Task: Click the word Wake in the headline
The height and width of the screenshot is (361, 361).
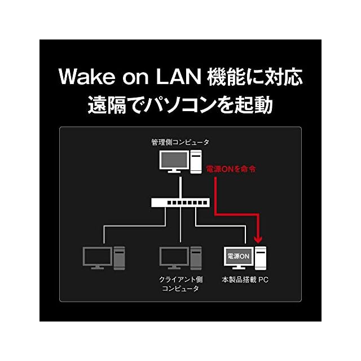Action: (x=87, y=77)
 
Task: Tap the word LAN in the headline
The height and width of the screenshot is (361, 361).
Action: (x=178, y=77)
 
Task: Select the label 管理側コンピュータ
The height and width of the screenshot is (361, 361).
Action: (x=180, y=142)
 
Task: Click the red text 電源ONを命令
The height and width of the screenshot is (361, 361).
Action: (x=231, y=169)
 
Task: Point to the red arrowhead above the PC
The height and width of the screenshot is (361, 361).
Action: (x=258, y=239)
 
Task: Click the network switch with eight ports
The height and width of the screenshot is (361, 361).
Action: (x=180, y=202)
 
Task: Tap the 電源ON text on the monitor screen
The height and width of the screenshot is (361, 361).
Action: (x=238, y=256)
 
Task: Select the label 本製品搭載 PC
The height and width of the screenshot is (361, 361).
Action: (x=245, y=280)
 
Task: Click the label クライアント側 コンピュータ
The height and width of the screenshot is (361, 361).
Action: (x=180, y=284)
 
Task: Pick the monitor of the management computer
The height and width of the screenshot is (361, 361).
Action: (x=174, y=162)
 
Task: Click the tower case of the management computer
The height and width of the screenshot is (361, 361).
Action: (x=196, y=162)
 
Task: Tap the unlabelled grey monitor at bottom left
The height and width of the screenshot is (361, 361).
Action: (x=98, y=258)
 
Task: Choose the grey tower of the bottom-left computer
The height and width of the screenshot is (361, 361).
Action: (x=119, y=258)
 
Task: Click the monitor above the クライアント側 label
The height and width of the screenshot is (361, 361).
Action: (x=174, y=258)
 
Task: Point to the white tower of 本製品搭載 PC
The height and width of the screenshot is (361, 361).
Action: (x=261, y=258)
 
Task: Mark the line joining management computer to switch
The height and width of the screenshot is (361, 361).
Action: (x=180, y=187)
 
